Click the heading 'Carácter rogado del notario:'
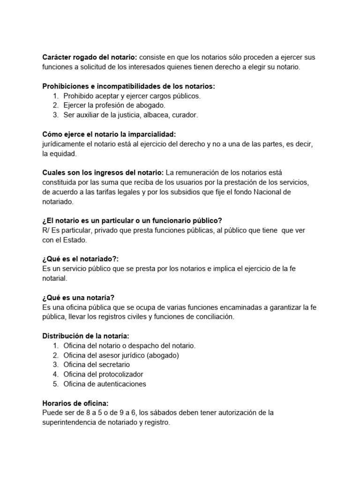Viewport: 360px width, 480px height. pos(90,57)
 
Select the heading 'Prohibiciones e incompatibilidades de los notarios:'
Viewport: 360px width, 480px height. pos(128,86)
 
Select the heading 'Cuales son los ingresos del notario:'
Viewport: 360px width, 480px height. pos(103,173)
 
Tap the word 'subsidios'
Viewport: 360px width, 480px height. pos(192,192)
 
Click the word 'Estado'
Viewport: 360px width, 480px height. pos(75,240)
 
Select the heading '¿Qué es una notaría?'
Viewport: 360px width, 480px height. pos(78,298)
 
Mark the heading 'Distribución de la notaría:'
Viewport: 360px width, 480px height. pos(85,336)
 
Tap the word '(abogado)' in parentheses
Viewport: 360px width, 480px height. pos(163,355)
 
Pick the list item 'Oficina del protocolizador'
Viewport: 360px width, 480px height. pos(103,374)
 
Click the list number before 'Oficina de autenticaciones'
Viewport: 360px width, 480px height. pos(55,384)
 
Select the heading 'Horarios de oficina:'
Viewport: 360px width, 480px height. pos(75,403)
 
